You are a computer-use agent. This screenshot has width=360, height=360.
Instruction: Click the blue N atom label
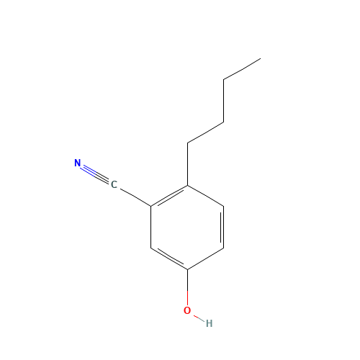77,163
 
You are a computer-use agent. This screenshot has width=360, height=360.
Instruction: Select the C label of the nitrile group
114,184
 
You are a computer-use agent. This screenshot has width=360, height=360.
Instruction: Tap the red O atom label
187,310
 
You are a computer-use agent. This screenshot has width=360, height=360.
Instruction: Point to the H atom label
209,323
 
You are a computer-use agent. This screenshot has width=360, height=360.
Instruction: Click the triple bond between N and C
94,174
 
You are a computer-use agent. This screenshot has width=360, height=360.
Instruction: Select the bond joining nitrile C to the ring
135,197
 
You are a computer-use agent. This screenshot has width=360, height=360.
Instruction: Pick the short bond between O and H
199,318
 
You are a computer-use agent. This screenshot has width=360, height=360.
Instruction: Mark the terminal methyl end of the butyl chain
261,58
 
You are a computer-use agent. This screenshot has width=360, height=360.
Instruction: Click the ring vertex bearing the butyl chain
187,185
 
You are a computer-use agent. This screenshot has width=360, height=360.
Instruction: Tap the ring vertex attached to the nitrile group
151,206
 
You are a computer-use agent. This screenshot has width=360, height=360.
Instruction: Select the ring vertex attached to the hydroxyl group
187,269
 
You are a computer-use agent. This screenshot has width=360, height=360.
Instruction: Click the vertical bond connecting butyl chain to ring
187,164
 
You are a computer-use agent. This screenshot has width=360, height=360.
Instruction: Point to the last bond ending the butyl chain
242,69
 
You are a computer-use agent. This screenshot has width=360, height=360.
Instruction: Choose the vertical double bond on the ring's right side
222,227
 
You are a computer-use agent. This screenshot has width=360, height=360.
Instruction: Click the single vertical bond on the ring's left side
151,227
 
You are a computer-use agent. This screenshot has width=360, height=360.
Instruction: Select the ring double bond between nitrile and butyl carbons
170,197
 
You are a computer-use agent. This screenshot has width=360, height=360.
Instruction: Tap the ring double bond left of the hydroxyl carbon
170,258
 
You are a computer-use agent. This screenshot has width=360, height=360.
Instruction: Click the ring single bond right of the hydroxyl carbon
206,258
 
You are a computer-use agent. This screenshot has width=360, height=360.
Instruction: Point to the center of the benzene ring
187,228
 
